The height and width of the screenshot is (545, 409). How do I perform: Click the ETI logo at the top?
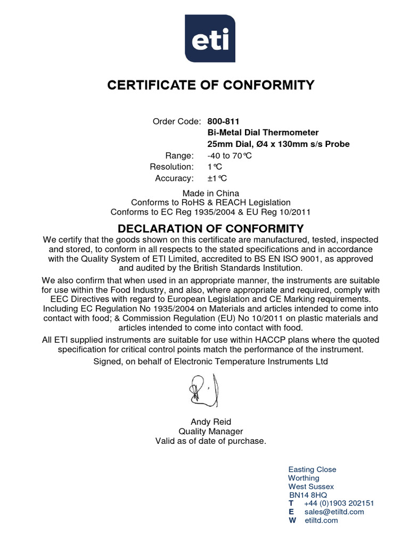coord(211,39)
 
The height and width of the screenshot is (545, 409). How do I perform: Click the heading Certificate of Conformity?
coord(211,85)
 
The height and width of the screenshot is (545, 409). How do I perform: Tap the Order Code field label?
coord(177,121)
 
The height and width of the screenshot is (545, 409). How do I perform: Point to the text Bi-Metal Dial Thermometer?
coord(263,133)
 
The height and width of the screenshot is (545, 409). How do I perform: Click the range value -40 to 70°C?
coord(229,155)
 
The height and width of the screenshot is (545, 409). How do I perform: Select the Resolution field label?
coord(171,167)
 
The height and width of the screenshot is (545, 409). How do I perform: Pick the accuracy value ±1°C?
coord(217,178)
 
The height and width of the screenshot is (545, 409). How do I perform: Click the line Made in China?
coord(211,193)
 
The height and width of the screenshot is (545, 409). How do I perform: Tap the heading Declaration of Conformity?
coord(211,229)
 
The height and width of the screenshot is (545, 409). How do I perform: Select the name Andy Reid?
coord(211,422)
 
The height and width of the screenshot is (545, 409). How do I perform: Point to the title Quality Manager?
coord(211,432)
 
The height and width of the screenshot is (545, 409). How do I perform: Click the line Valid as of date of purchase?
coord(211,441)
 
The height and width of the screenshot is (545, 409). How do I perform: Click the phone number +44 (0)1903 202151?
coord(339,503)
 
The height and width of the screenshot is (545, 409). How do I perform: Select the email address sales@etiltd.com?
coord(334,512)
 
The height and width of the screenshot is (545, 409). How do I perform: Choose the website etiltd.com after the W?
coord(321,521)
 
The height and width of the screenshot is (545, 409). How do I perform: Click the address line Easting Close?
coord(312,469)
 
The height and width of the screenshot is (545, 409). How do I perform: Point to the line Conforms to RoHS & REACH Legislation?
coord(211,202)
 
